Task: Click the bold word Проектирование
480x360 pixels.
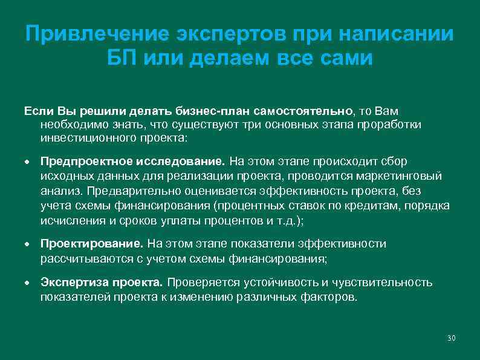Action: click(x=92, y=243)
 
